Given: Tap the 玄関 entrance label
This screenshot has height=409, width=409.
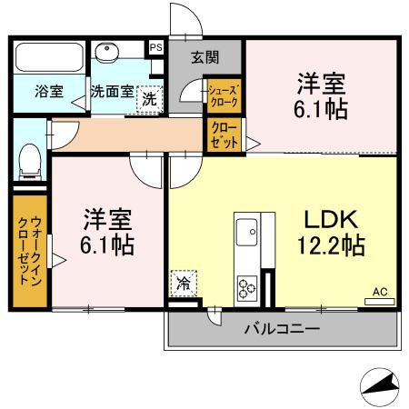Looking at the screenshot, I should (x=204, y=56).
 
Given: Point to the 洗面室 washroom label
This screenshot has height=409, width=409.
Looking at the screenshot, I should (x=112, y=92).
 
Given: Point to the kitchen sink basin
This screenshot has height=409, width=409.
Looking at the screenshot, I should (x=247, y=234).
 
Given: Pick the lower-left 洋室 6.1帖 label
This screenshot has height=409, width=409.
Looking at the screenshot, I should (x=108, y=231).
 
